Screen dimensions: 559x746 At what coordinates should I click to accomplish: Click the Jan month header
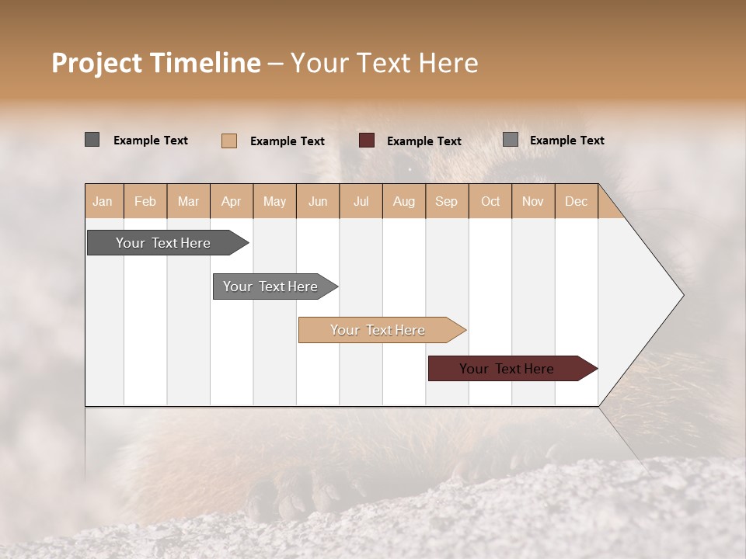[103, 201]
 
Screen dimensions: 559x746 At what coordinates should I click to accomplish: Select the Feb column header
[145, 201]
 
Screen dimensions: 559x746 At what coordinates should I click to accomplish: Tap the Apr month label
[231, 201]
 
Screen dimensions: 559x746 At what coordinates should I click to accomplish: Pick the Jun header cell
[318, 201]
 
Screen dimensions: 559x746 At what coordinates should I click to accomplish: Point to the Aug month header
[403, 201]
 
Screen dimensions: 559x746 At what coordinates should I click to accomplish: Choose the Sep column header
[446, 201]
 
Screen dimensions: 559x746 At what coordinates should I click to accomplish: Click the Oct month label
[490, 201]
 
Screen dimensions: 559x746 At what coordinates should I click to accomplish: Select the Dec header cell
[576, 201]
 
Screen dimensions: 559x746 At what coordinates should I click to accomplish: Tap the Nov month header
[533, 201]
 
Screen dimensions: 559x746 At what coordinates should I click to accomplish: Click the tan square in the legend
[229, 141]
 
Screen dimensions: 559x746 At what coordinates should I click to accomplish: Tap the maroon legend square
[367, 141]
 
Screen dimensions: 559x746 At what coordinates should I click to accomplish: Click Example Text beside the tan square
[288, 141]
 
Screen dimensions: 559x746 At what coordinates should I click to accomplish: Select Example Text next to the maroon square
[424, 141]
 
